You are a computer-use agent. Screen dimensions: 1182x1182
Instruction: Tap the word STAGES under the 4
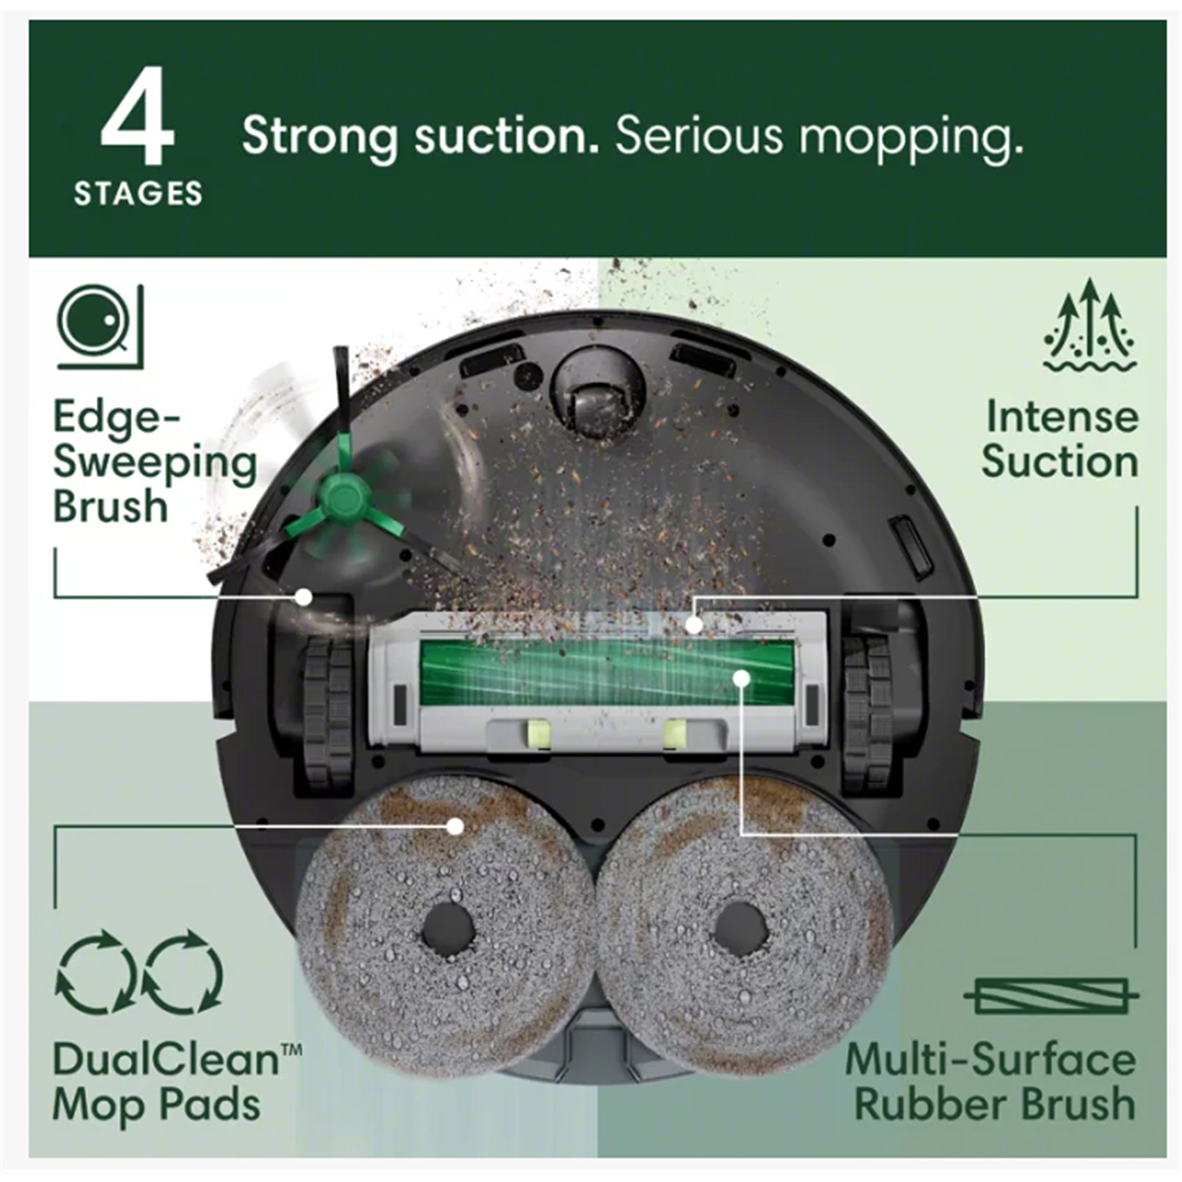point(138,194)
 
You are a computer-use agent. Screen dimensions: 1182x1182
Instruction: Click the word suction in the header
point(506,136)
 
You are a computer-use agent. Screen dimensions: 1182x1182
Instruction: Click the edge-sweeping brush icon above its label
point(100,327)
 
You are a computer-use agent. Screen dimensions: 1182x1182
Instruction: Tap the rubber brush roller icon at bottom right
point(1051,997)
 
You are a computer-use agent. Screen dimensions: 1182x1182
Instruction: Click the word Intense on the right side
point(1062,417)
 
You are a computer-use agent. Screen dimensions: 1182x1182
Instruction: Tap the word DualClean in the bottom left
point(166,1059)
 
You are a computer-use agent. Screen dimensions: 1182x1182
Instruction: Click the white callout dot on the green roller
point(742,677)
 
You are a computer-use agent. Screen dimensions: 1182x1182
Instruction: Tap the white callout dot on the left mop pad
point(456,825)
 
